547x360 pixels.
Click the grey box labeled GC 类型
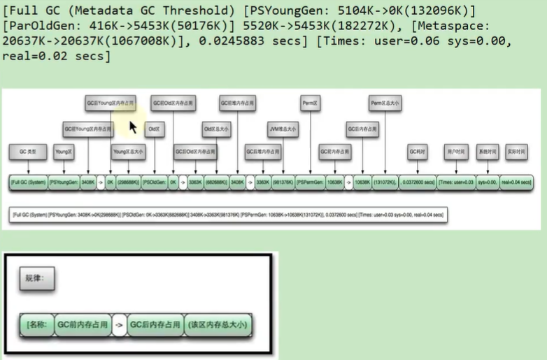pyautogui.click(x=28, y=150)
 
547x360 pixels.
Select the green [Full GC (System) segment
pyautogui.click(x=28, y=182)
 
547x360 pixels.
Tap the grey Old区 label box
pyautogui.click(x=153, y=129)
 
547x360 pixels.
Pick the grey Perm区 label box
pyautogui.click(x=310, y=103)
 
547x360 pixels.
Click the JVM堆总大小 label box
pyautogui.click(x=283, y=129)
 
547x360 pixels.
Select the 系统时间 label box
pyautogui.click(x=488, y=150)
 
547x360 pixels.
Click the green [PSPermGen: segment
pyautogui.click(x=309, y=182)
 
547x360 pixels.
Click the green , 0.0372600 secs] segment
pyautogui.click(x=417, y=182)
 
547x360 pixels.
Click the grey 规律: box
pyautogui.click(x=36, y=278)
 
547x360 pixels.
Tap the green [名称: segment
pyautogui.click(x=37, y=325)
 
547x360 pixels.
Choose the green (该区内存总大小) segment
pyautogui.click(x=218, y=325)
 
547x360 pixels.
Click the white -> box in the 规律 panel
pyautogui.click(x=119, y=325)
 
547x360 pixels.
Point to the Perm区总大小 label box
pyautogui.click(x=385, y=103)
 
